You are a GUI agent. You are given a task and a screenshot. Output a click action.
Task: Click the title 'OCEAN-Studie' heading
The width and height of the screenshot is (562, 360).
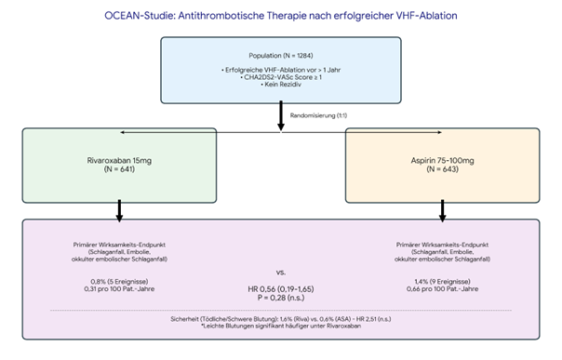pyautogui.click(x=280, y=17)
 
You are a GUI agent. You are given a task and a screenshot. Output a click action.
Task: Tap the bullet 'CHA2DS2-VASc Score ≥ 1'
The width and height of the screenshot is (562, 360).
pyautogui.click(x=280, y=78)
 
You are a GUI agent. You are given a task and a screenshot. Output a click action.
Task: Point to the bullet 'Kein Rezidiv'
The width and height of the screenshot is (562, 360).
pyautogui.click(x=280, y=87)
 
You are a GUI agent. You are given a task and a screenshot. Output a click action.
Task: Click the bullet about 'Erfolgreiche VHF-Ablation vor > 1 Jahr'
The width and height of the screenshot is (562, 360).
pyautogui.click(x=280, y=70)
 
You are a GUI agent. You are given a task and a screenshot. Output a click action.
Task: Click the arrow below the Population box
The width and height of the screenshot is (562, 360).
pyautogui.click(x=280, y=115)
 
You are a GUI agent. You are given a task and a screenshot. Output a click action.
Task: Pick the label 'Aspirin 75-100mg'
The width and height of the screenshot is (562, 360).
pyautogui.click(x=441, y=161)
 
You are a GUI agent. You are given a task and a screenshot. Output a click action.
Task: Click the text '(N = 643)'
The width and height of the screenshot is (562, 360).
pyautogui.click(x=441, y=171)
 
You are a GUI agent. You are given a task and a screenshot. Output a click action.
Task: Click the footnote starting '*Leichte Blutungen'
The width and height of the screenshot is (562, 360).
pyautogui.click(x=280, y=327)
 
